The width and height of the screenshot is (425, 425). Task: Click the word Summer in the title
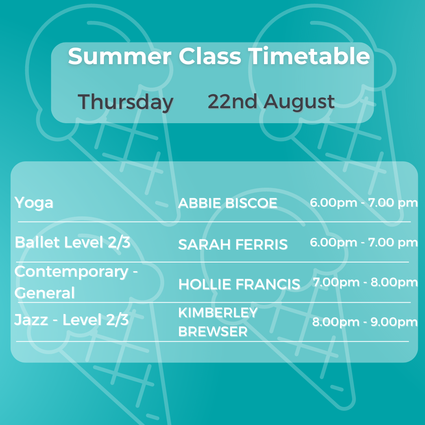[x=120, y=56]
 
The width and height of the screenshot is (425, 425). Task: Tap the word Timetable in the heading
[x=309, y=56]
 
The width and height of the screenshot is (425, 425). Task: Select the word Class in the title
[x=210, y=56]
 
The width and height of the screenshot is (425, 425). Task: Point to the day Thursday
[x=126, y=102]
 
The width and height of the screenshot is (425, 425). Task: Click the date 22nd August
[x=271, y=102]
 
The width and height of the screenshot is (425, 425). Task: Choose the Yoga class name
[x=34, y=203]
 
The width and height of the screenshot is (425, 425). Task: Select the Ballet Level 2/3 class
[x=73, y=242]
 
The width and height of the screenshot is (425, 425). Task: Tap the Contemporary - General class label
[x=76, y=282]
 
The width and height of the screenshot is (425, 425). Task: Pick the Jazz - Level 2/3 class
[x=72, y=320]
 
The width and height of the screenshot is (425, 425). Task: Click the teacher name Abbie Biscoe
[x=228, y=203]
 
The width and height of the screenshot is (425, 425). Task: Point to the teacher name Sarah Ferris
[x=233, y=244]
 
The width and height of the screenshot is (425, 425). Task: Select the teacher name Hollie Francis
[x=239, y=285]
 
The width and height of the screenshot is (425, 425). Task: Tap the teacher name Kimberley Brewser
[x=218, y=322]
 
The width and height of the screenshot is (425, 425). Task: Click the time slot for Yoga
[x=364, y=203]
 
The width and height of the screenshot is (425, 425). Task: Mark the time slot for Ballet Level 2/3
[x=364, y=242]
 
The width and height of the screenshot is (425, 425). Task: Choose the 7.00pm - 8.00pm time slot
[x=365, y=282]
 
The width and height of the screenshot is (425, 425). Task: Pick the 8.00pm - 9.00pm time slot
[x=365, y=322]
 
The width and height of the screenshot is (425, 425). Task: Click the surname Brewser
[x=213, y=331]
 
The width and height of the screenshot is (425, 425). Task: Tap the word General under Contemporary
[x=45, y=293]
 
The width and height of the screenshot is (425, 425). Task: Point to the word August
[x=299, y=102]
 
